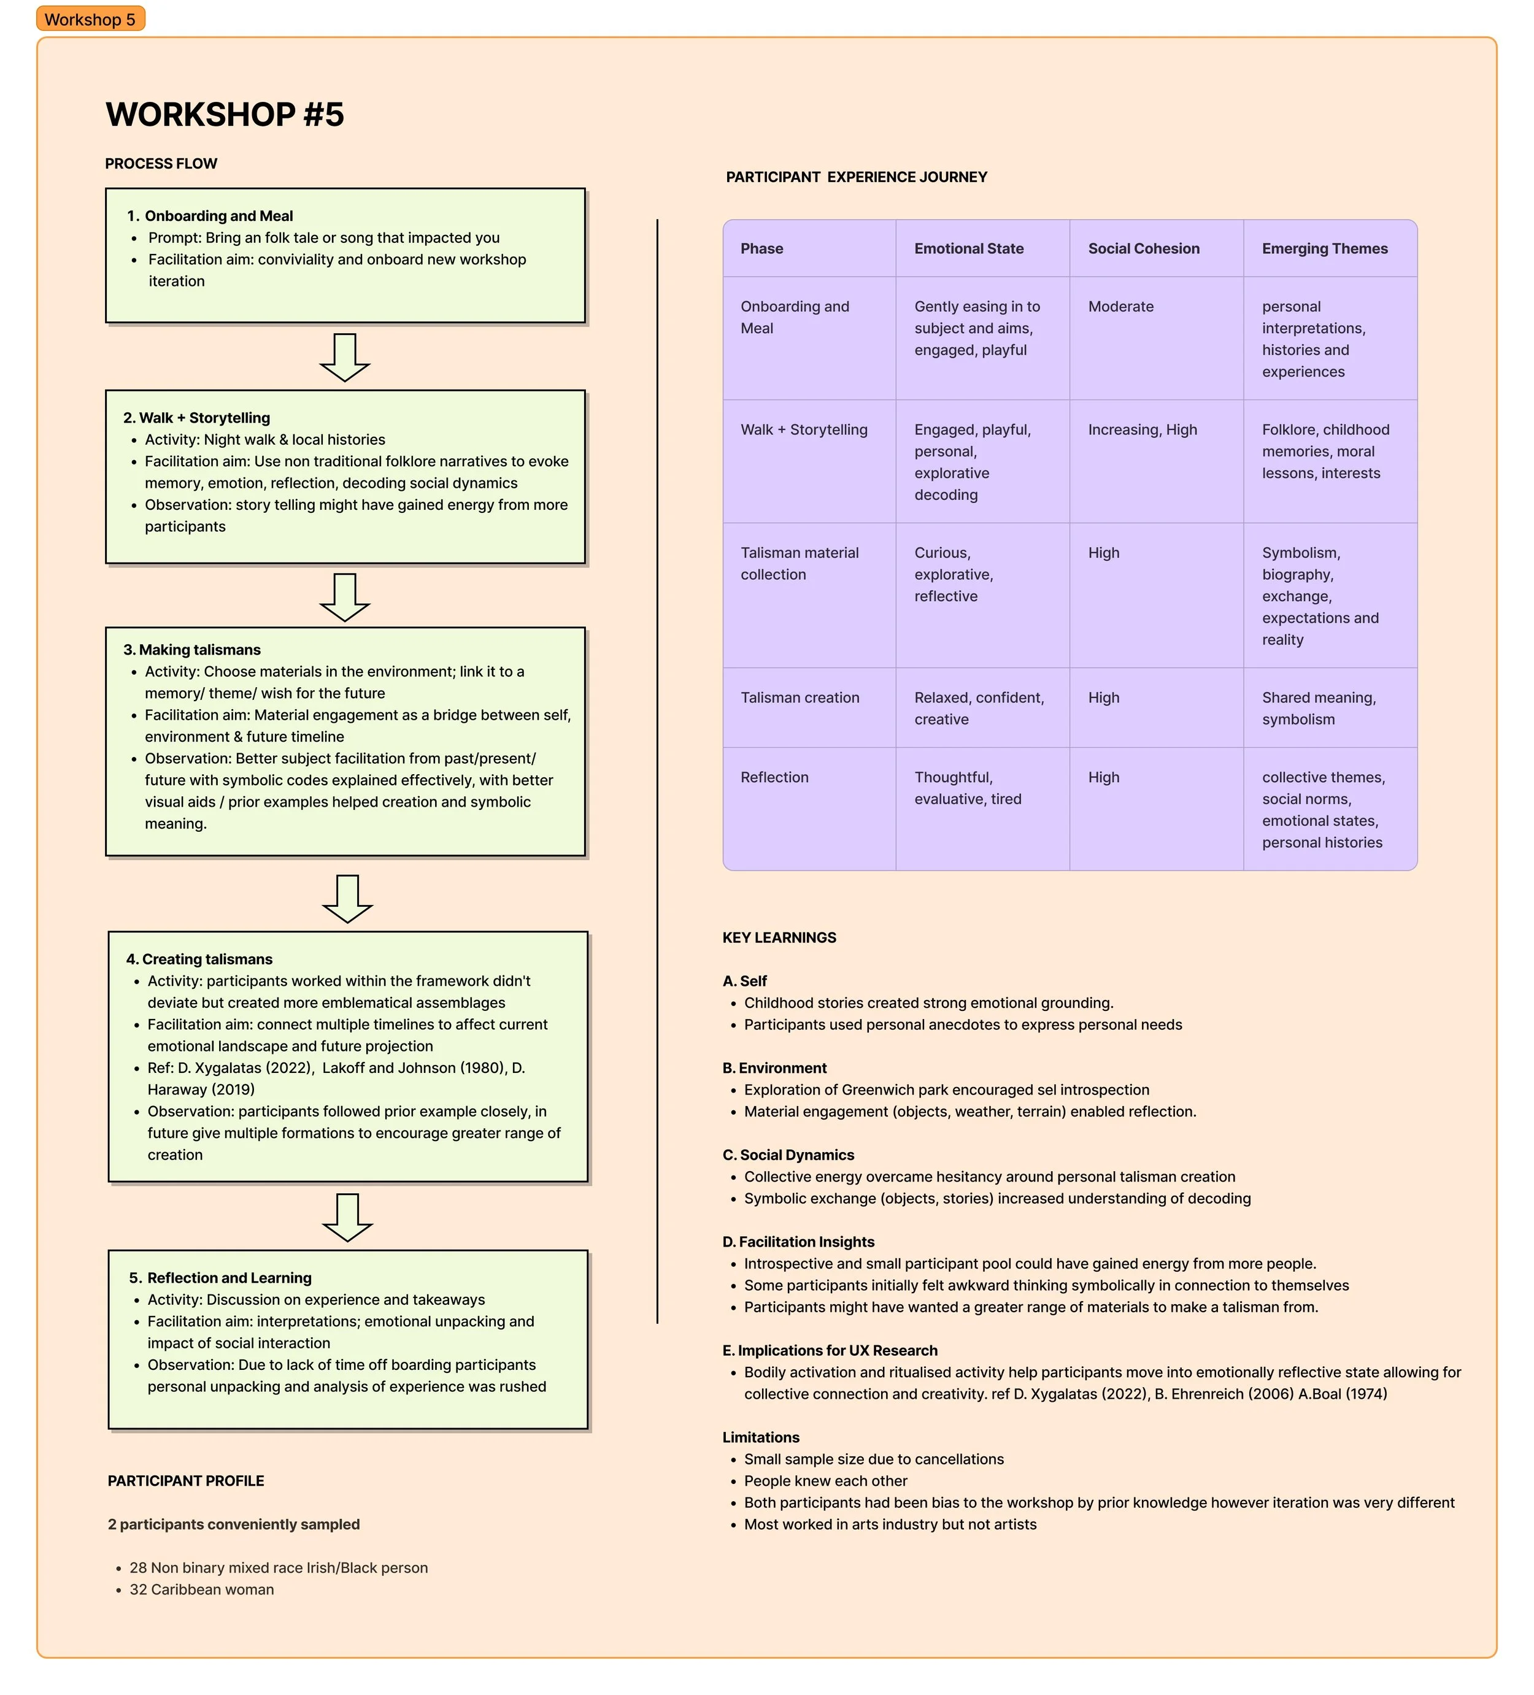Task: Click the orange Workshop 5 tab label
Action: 90,20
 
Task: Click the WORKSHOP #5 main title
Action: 225,114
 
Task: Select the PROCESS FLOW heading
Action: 161,163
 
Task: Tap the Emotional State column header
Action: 968,248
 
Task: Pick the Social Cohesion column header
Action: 1143,248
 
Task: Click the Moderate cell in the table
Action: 1120,306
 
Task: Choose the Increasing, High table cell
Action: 1142,429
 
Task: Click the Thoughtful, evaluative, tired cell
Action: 967,788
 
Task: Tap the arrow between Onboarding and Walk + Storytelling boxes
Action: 345,356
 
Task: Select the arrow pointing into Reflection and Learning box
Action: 347,1216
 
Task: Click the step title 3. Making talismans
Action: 191,649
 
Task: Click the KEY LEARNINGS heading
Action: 779,937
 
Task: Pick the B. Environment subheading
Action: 774,1068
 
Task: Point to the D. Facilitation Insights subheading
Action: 798,1242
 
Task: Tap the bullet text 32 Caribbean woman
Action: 201,1589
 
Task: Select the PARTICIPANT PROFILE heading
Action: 186,1481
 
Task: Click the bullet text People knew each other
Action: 825,1481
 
